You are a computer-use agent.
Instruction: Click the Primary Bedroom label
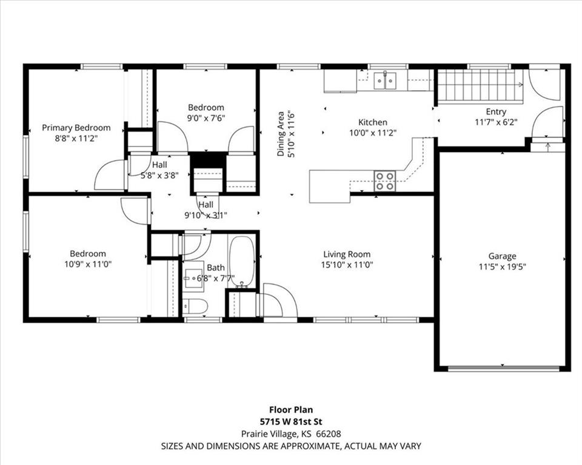[x=76, y=128]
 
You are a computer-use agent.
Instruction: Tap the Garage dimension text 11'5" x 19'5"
[x=502, y=266]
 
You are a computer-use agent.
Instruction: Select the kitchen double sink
[x=385, y=81]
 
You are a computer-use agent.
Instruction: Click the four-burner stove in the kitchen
[x=384, y=181]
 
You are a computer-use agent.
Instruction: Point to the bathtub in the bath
[x=242, y=262]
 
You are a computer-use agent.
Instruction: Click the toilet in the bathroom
[x=196, y=306]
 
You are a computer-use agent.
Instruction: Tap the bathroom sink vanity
[x=193, y=276]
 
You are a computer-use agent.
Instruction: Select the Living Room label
[x=347, y=254]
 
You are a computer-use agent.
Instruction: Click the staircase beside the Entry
[x=481, y=87]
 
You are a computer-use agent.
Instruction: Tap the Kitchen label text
[x=373, y=122]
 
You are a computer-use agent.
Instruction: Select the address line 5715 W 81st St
[x=291, y=421]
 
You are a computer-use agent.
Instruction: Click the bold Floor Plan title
[x=291, y=410]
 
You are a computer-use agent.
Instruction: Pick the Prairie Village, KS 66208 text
[x=291, y=434]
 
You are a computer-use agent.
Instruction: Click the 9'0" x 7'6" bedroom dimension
[x=206, y=118]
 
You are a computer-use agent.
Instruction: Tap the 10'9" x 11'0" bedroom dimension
[x=88, y=265]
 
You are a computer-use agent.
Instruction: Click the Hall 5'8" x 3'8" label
[x=159, y=170]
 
